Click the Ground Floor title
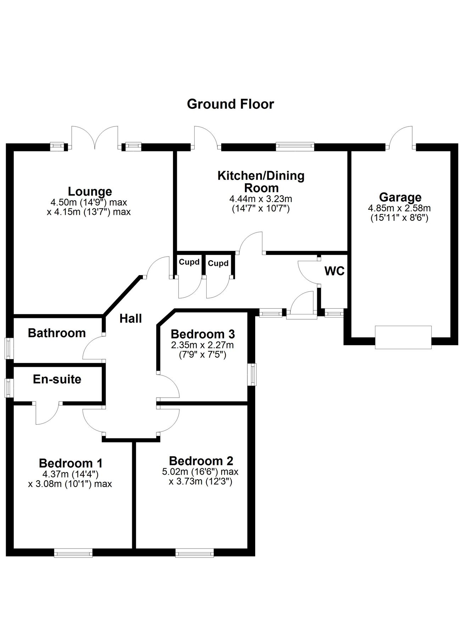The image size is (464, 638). (230, 104)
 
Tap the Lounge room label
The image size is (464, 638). (90, 191)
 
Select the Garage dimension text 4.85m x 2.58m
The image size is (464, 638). (399, 208)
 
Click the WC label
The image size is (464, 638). (334, 271)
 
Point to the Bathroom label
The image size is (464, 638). (57, 333)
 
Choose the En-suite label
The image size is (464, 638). (57, 379)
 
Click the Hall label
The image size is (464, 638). (130, 318)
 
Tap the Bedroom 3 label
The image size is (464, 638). (202, 334)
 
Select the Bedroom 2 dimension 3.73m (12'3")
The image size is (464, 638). (200, 481)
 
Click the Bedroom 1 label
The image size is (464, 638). (71, 463)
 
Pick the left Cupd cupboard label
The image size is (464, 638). (189, 262)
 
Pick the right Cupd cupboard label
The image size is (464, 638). (218, 263)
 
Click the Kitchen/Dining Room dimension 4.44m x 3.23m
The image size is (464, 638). (261, 199)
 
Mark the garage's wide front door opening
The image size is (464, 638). (403, 337)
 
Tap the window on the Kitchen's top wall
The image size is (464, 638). (295, 146)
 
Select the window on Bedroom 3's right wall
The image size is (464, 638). (252, 374)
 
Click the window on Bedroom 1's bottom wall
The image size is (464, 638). (73, 553)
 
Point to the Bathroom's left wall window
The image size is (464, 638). (9, 349)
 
